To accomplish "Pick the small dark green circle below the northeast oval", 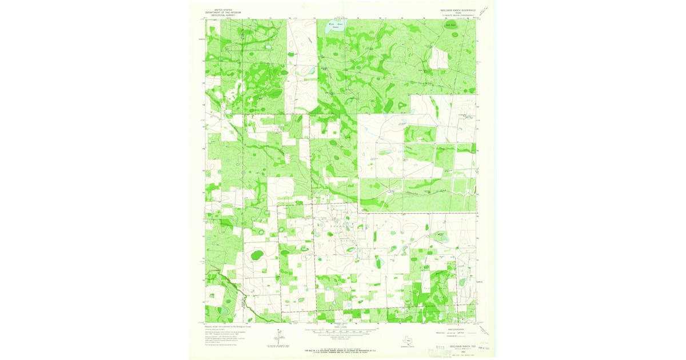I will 455,35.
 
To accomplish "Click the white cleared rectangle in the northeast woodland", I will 438,58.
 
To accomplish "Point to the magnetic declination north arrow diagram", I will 278,338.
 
